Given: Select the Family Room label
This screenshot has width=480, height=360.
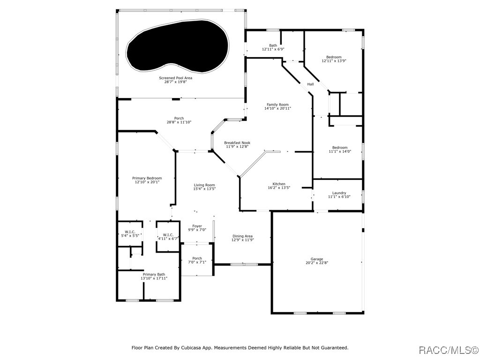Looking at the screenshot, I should coord(277,105).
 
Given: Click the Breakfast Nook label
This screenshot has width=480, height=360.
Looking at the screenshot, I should coord(237,142).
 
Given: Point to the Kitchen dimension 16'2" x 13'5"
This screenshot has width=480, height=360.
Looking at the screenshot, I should coord(279,188).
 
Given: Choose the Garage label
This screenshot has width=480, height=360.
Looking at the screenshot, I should coord(317,259).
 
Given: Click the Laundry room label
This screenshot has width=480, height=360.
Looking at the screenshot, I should coord(339,193).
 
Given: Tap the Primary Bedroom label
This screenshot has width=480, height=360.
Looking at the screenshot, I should coord(147,178).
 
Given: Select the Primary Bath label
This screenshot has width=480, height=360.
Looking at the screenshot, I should coord(154,274).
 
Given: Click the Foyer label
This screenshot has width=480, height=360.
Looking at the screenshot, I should coord(197,226).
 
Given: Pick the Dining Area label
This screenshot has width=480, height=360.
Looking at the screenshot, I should coord(242,236).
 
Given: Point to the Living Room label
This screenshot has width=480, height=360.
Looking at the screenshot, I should coord(204,185).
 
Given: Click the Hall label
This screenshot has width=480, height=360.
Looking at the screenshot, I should coord(310,84).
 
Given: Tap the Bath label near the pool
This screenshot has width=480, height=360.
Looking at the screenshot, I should coord(273,45).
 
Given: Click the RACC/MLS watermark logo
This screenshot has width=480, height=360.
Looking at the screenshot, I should coord(448,350).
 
